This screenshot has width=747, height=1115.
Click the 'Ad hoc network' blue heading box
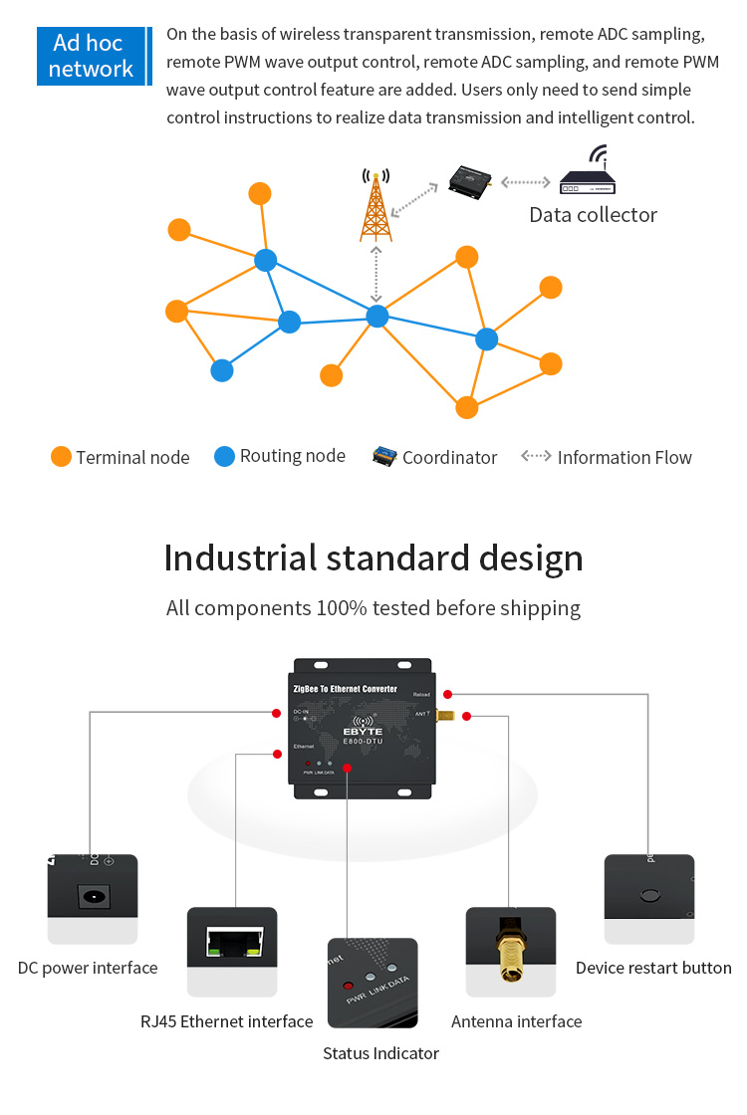click(91, 56)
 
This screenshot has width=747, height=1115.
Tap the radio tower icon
click(375, 206)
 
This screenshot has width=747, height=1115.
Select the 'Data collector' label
click(593, 215)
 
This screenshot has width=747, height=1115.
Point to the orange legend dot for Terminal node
click(61, 457)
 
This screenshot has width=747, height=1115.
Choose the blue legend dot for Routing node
click(224, 456)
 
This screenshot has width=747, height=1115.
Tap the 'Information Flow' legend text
click(624, 458)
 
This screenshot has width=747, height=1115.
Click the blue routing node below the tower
click(376, 317)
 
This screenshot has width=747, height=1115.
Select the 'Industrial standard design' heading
click(373, 557)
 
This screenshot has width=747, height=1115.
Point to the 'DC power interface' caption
click(88, 968)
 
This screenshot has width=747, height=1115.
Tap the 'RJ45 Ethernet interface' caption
click(226, 1021)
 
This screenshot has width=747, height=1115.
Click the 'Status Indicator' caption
click(380, 1053)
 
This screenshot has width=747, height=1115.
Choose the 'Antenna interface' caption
click(516, 1021)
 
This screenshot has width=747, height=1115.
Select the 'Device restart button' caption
click(653, 968)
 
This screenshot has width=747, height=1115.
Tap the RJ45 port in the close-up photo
click(232, 943)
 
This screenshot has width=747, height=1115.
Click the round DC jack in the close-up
click(94, 896)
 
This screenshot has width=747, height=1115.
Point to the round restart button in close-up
click(649, 895)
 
